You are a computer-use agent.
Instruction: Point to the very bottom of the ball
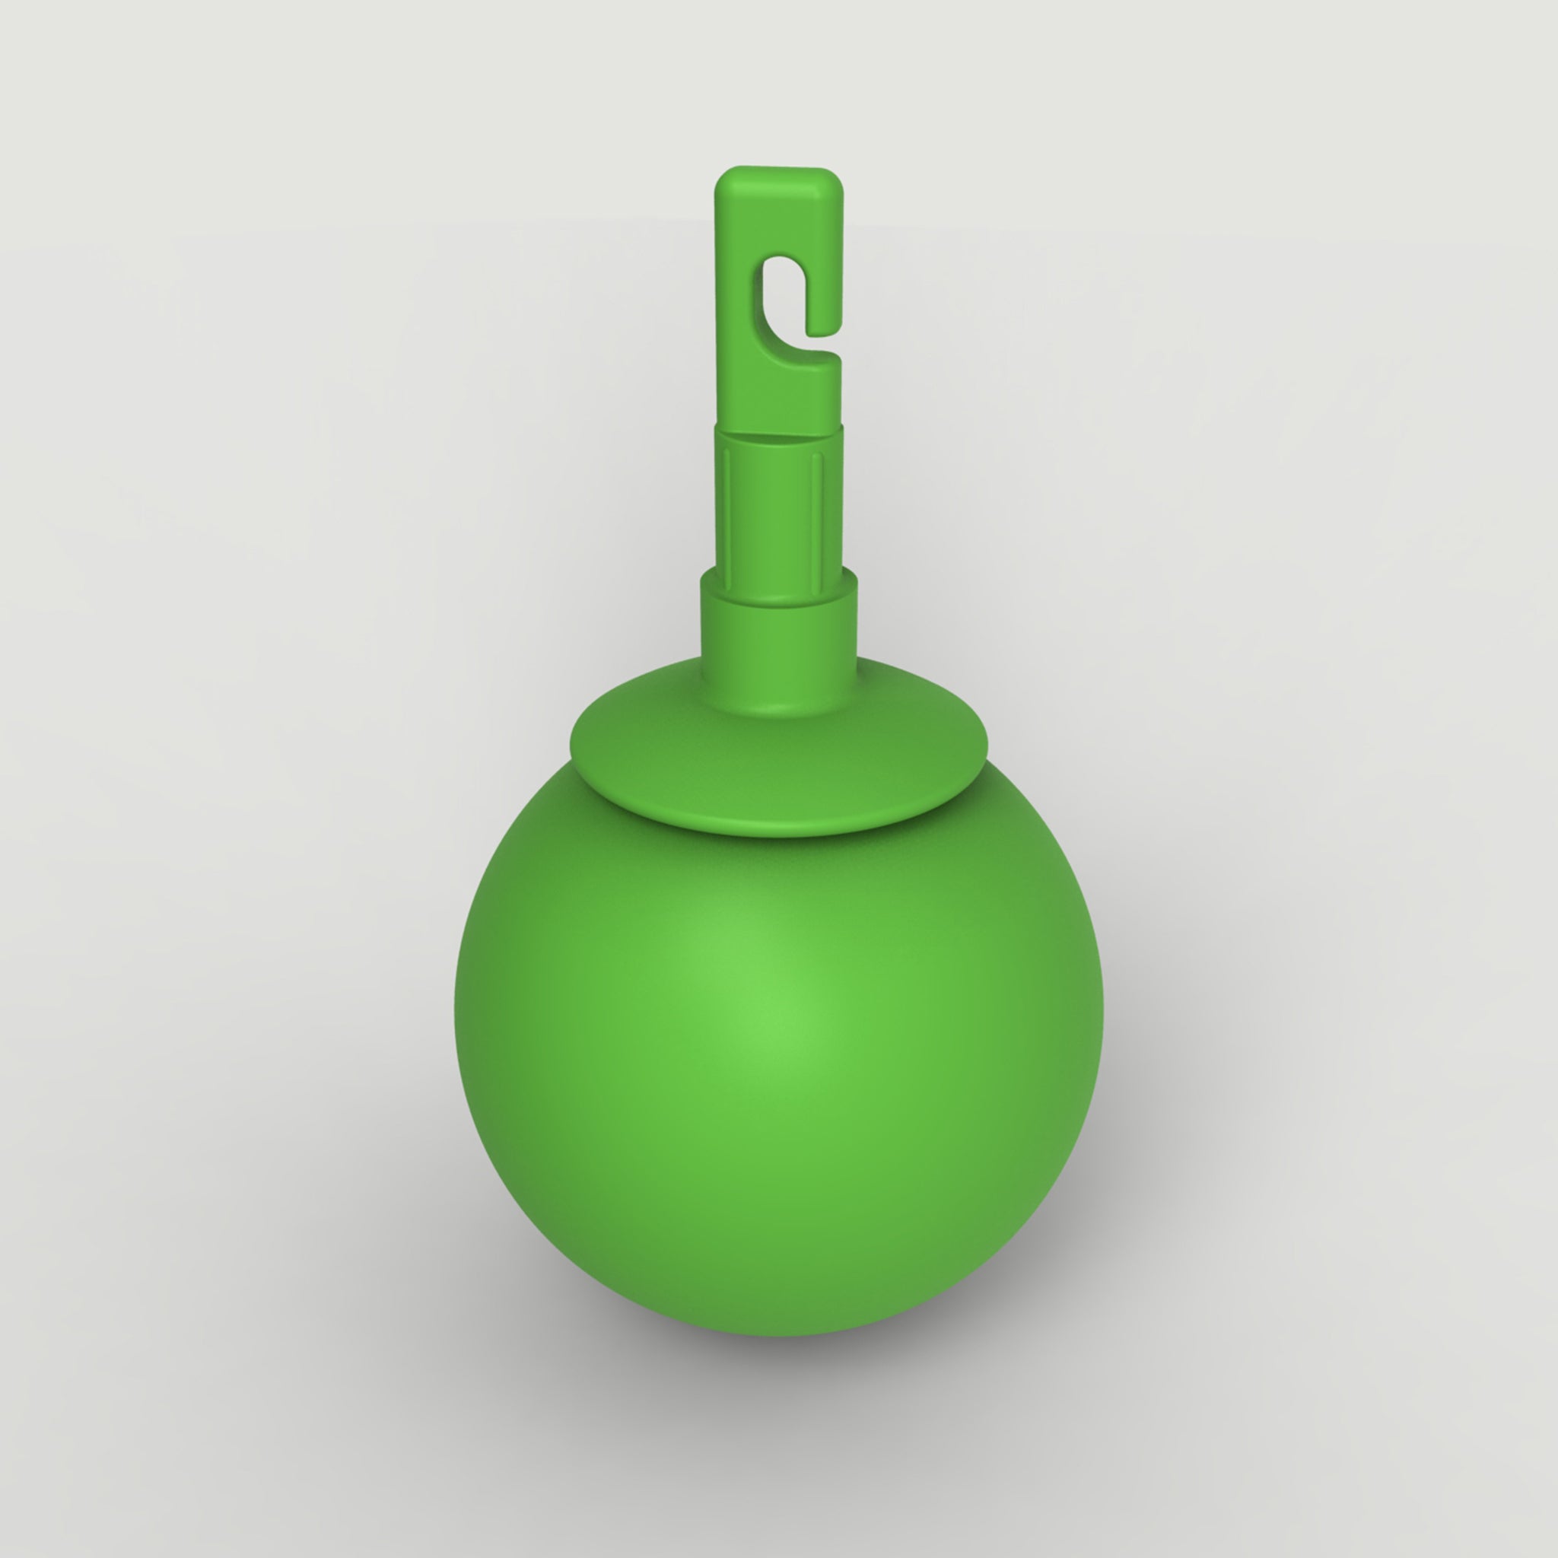pyautogui.click(x=778, y=1334)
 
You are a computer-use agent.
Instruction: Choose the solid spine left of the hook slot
pyautogui.click(x=734, y=307)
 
